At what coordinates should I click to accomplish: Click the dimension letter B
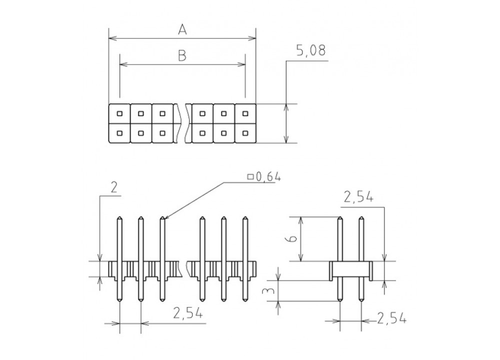point(182,55)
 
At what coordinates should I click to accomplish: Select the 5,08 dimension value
point(311,51)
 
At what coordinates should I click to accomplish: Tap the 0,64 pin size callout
point(264,176)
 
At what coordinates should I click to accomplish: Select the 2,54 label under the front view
point(188,313)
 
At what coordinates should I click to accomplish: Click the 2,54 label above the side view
point(358,197)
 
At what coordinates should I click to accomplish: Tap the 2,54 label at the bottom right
point(391,318)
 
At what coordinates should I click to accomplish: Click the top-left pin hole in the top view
point(119,113)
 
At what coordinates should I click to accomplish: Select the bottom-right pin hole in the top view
point(245,133)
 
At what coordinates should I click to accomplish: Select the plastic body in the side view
point(351,271)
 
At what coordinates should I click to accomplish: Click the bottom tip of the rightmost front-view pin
point(245,300)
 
